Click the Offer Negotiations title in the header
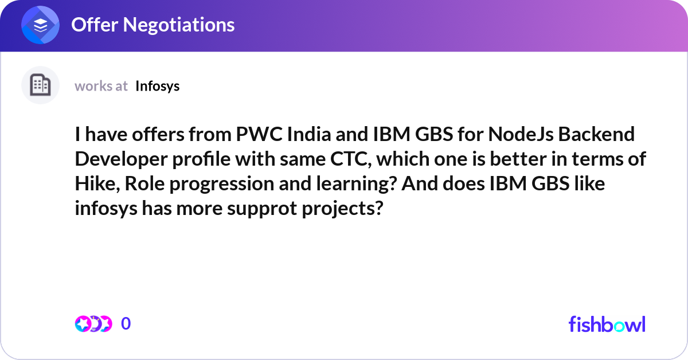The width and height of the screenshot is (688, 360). [x=153, y=25]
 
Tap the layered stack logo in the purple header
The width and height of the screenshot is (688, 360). [x=41, y=25]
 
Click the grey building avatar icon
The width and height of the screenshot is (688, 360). [x=40, y=85]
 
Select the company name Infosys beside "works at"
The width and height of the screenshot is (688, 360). [x=158, y=86]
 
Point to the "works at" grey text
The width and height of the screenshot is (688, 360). [x=101, y=86]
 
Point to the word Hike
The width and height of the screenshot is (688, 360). [x=96, y=184]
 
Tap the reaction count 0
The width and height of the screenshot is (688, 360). [x=126, y=324]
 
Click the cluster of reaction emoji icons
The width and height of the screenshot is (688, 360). [x=93, y=324]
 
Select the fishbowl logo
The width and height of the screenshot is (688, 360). [x=607, y=324]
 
